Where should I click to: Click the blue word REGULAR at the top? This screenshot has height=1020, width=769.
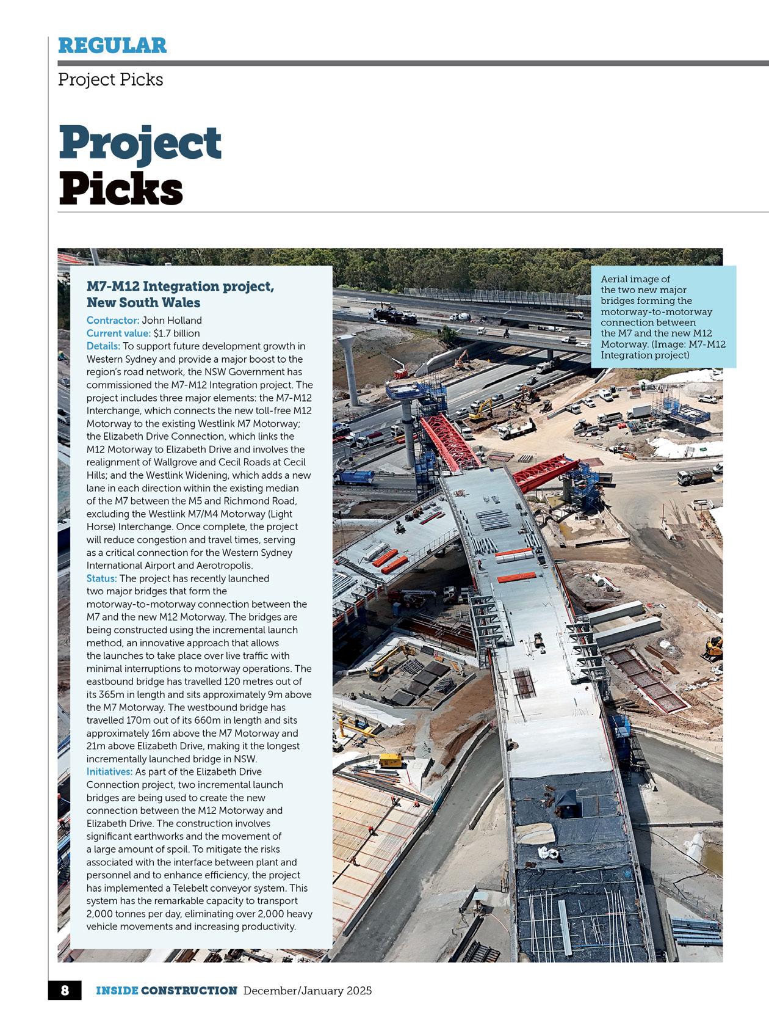click(112, 45)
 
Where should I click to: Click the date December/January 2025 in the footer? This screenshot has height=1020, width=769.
click(308, 990)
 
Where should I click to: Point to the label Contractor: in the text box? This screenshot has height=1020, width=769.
click(113, 320)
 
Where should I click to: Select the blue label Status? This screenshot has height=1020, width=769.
click(101, 578)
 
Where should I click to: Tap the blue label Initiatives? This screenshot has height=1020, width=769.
click(109, 771)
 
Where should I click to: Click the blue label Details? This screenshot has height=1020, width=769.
click(103, 346)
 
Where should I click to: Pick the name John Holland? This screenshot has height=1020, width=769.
click(171, 320)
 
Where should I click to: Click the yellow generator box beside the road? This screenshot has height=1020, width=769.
click(391, 760)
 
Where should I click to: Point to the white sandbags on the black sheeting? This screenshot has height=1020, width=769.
click(557, 854)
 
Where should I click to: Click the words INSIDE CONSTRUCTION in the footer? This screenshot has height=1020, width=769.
click(166, 990)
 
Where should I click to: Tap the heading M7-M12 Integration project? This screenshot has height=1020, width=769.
click(180, 286)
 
